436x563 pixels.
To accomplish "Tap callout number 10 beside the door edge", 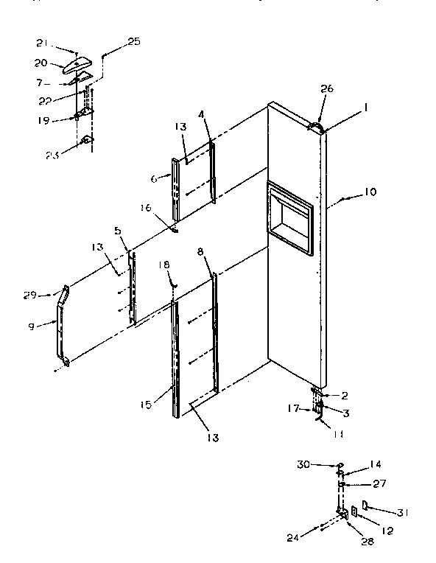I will pyautogui.click(x=369, y=192).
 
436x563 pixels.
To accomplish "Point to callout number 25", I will pyautogui.click(x=133, y=41).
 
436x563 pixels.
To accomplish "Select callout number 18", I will pyautogui.click(x=164, y=264).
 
